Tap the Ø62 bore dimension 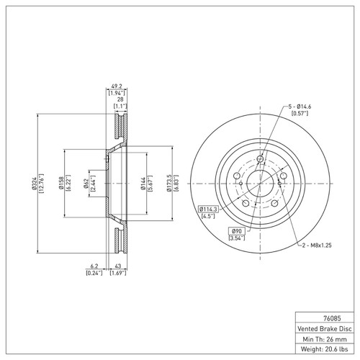(86, 185)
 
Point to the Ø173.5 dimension (168, 185)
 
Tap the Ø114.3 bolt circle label (210, 209)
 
